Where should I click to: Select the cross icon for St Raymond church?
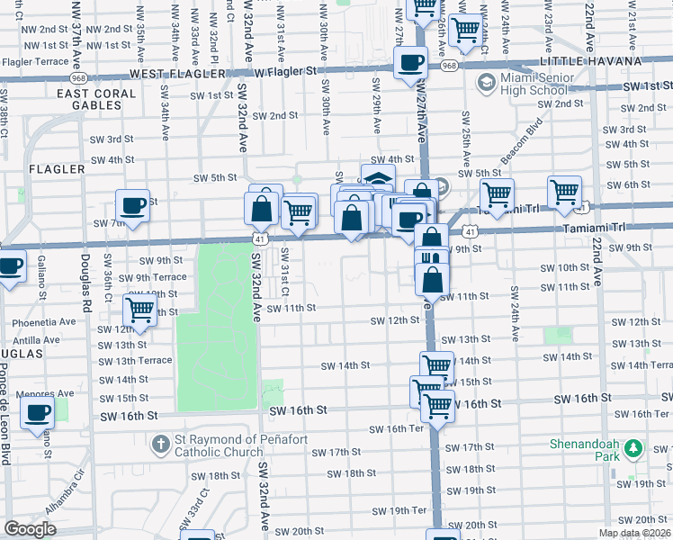[x=160, y=444]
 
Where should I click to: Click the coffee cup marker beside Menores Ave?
[x=37, y=413]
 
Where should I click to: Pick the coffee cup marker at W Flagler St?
[x=411, y=62]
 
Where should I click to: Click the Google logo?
[x=30, y=529]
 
